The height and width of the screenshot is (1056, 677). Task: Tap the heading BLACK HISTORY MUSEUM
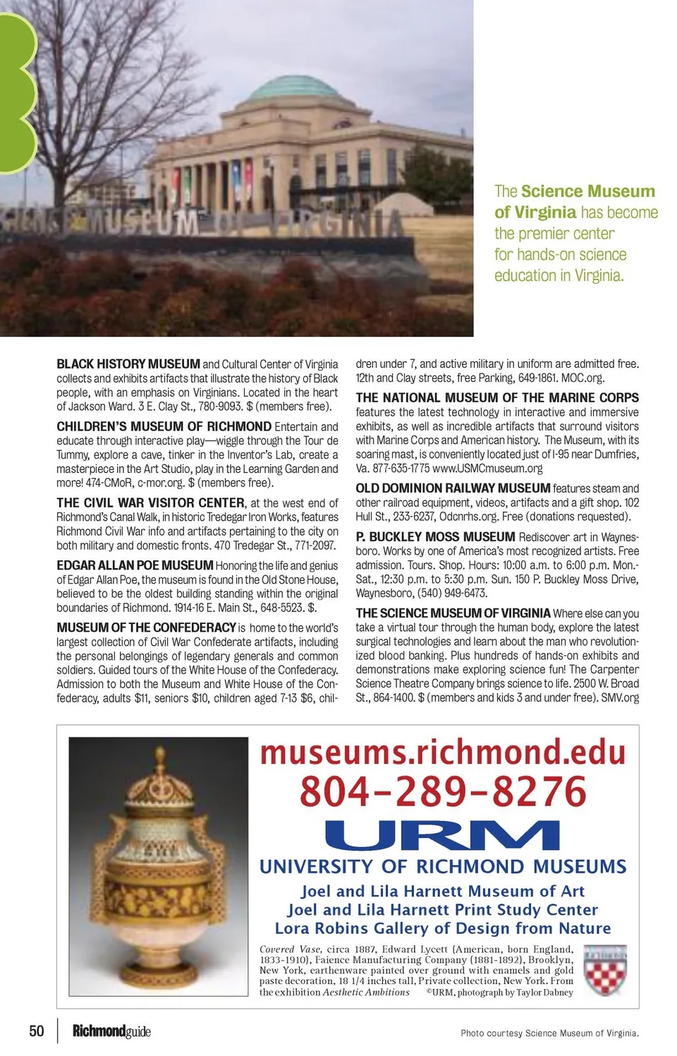[x=128, y=364]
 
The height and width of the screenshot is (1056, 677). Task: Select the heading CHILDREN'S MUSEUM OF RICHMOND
[x=164, y=426]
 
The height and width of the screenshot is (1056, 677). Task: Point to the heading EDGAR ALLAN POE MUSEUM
[x=135, y=565]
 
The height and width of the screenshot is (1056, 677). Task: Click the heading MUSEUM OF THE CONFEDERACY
[x=146, y=628]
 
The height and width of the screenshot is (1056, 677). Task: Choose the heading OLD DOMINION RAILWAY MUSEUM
[x=453, y=488]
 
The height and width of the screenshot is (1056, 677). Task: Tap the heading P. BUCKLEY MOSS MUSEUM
[x=435, y=537]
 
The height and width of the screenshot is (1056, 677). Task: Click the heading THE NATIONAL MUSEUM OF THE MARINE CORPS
[x=497, y=398]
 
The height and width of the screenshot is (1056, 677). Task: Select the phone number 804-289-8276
[x=443, y=791]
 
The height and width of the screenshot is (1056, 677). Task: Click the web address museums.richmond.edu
[x=443, y=752]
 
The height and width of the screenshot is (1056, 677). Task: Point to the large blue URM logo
[x=442, y=835]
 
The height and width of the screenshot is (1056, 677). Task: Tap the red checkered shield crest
[x=605, y=970]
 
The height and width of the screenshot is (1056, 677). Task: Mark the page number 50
[x=37, y=1031]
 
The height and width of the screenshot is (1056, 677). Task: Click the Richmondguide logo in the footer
[x=111, y=1031]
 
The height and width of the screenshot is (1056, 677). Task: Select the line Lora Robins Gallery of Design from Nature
[x=443, y=928]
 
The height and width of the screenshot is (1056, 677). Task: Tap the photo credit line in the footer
[x=549, y=1033]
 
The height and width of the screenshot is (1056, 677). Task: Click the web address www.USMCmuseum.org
[x=487, y=469]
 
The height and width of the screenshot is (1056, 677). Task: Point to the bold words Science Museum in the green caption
[x=588, y=191]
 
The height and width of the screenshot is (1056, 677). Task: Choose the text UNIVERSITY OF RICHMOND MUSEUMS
[x=443, y=867]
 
